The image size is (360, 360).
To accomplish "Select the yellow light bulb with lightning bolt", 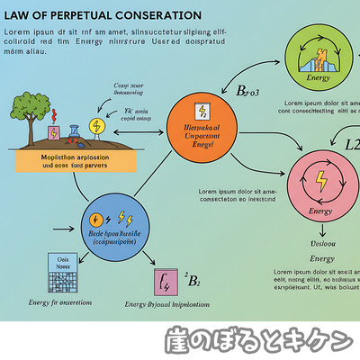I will [x=97, y=127].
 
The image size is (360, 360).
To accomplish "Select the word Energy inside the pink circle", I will [x=321, y=211].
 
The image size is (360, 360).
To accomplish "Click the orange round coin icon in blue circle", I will [x=95, y=218].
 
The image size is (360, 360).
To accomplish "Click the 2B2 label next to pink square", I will [x=191, y=280].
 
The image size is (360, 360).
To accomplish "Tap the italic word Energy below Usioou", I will [x=322, y=258].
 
